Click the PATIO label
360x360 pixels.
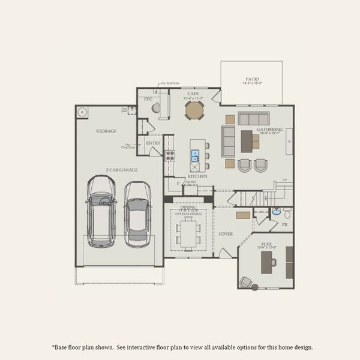[253, 79]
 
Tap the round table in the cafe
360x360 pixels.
[194, 110]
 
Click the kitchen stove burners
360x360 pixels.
[170, 154]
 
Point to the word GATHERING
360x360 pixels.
[269, 129]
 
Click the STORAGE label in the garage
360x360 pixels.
[106, 131]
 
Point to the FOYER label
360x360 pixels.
[226, 234]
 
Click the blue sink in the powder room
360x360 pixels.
[277, 212]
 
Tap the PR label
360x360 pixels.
[284, 225]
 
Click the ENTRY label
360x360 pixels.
[152, 143]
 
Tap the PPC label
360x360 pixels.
[148, 99]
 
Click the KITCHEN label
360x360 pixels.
[198, 176]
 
